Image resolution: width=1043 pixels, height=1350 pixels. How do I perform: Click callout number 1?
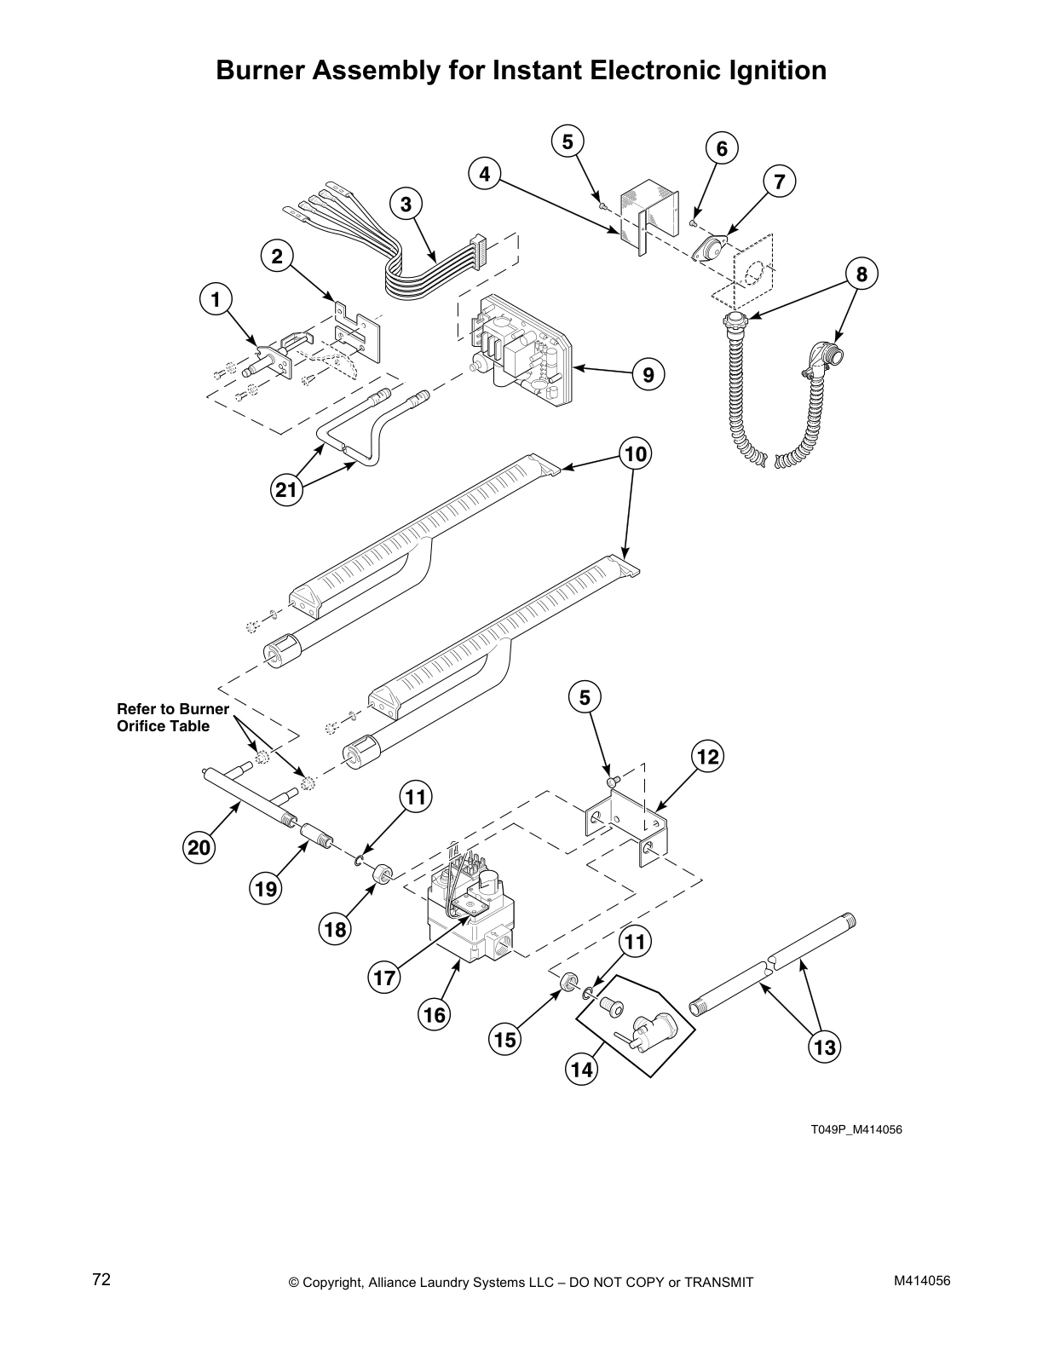[x=216, y=299]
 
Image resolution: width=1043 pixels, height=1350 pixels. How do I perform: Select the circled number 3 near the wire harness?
[x=406, y=205]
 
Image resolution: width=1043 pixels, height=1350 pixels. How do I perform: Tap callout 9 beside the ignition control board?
[x=648, y=374]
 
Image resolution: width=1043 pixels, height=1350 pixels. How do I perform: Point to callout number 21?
[x=287, y=490]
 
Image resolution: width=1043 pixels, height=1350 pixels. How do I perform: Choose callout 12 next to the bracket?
[x=706, y=756]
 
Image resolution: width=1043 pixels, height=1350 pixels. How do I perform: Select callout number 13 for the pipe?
[x=825, y=1046]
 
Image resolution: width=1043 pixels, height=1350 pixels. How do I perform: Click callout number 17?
[x=385, y=977]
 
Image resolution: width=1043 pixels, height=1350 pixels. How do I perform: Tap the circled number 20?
[x=199, y=847]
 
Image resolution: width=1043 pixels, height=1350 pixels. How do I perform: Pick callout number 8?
[x=861, y=274]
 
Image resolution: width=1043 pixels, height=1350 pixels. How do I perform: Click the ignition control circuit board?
[x=520, y=349]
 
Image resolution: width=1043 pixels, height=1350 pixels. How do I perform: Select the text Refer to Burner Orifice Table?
[x=173, y=718]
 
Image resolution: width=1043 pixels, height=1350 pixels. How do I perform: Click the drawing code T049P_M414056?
[x=856, y=1130]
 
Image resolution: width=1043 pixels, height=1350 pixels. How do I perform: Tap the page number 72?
[x=101, y=1279]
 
